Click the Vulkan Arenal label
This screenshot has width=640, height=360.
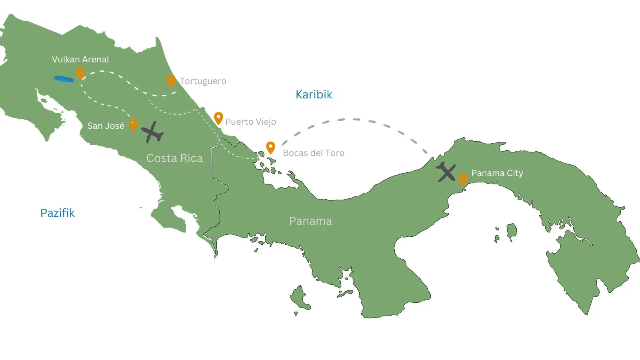(x=80, y=60)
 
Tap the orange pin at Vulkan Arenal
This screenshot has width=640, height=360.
(x=80, y=72)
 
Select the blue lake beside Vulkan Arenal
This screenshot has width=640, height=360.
(x=64, y=79)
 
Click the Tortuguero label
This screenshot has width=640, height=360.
(x=203, y=81)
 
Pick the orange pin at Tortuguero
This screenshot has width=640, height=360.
(x=171, y=80)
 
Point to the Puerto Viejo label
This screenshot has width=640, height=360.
(x=250, y=122)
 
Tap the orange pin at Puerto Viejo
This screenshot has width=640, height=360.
(x=218, y=118)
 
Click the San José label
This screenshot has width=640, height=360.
(x=106, y=126)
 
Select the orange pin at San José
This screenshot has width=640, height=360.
(x=133, y=124)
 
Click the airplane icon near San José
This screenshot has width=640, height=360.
(x=152, y=132)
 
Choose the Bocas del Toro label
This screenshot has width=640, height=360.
(x=313, y=153)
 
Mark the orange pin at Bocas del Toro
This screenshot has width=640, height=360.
(x=271, y=147)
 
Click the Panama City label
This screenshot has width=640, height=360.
(x=497, y=173)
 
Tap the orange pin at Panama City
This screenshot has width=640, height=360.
(x=463, y=179)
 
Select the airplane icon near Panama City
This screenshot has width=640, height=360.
(x=446, y=172)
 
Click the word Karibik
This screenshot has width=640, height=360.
(x=314, y=95)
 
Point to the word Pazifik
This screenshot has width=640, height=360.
(x=57, y=213)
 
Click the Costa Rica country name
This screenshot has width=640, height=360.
(x=174, y=158)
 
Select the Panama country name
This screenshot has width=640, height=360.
(x=310, y=221)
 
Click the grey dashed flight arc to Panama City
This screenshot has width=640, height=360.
(x=354, y=119)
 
